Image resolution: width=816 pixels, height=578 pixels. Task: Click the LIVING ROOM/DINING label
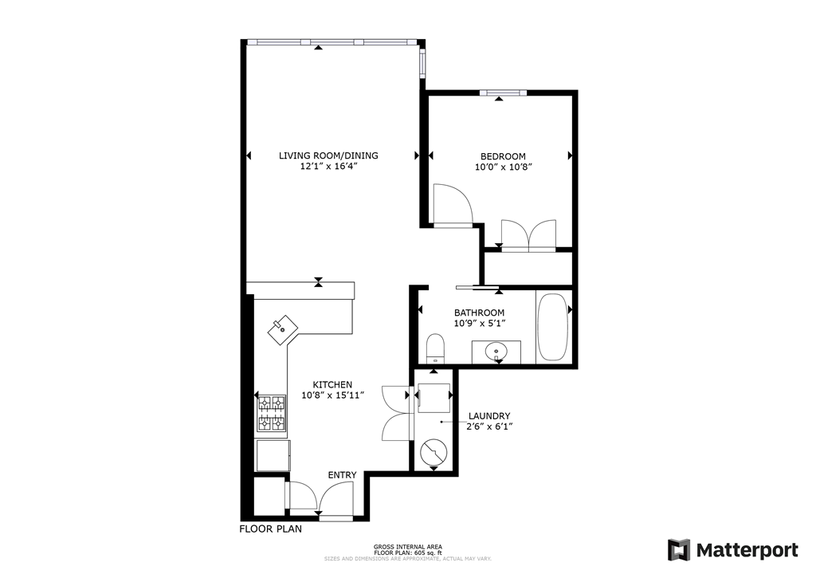point(328,155)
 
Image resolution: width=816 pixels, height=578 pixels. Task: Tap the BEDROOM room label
point(502,156)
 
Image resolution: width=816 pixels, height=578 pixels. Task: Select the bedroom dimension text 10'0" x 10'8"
point(502,167)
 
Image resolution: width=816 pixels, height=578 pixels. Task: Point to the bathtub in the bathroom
point(553,328)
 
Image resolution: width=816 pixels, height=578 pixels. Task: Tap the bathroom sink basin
point(496,350)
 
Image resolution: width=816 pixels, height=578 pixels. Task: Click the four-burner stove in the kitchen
point(272,413)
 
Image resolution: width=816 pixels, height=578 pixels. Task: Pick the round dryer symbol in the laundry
point(434,453)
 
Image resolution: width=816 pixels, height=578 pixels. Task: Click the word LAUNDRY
point(489,415)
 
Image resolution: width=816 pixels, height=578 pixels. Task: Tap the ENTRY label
point(342,475)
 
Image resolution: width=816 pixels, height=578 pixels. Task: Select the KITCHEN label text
point(332,384)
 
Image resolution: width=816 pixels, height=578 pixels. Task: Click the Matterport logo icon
point(679,550)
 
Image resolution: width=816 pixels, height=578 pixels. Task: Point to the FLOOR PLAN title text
point(271,529)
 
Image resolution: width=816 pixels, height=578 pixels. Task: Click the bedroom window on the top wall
point(502,93)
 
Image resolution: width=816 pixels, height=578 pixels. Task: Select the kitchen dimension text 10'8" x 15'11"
point(332,395)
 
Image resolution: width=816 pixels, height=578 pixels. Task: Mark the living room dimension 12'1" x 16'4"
point(328,167)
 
